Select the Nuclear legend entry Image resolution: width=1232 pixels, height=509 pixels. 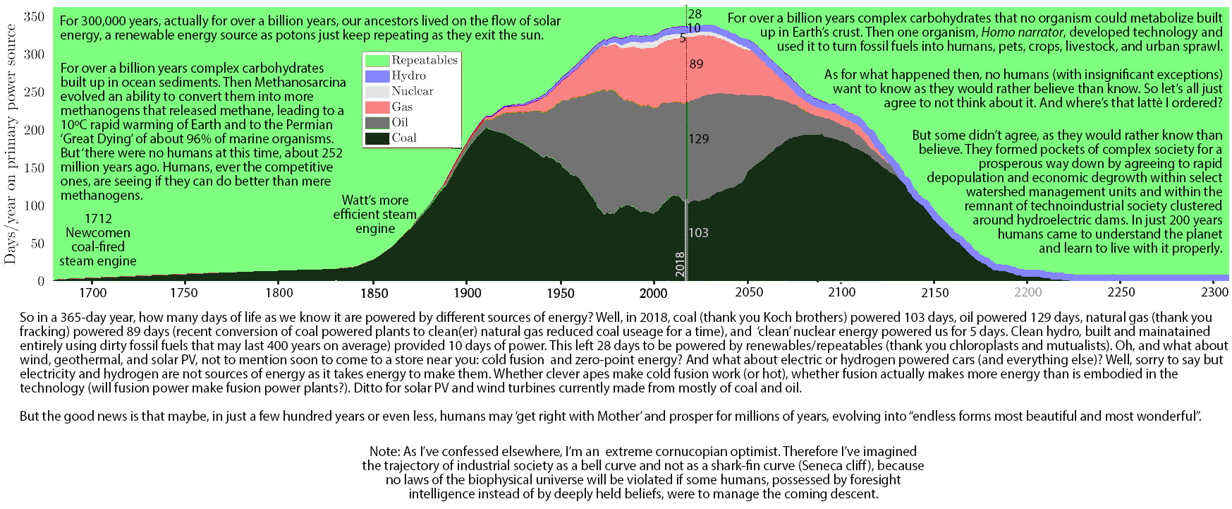(x=412, y=91)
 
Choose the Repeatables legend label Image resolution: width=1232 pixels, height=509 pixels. (x=425, y=60)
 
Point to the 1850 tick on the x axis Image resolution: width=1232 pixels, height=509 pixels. (x=374, y=292)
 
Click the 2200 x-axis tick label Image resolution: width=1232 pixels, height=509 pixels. (x=1027, y=292)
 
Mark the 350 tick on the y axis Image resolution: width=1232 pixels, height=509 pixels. (x=35, y=16)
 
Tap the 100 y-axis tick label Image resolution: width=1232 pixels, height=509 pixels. (x=35, y=205)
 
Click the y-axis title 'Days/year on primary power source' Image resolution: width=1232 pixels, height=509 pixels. (x=11, y=144)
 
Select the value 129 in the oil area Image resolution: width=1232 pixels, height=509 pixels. (x=699, y=139)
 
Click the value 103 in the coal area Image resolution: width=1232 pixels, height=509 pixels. (x=698, y=232)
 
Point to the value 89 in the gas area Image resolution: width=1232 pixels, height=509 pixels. (x=697, y=64)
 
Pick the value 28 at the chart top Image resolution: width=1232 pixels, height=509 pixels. (x=695, y=14)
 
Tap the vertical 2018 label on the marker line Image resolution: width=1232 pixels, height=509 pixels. (x=680, y=263)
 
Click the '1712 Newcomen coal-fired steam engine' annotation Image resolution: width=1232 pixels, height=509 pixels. (x=98, y=240)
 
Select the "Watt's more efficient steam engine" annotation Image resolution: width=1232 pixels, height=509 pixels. (x=375, y=214)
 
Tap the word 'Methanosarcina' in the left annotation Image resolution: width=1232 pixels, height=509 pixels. (x=300, y=83)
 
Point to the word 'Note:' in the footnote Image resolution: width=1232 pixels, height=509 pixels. (x=384, y=451)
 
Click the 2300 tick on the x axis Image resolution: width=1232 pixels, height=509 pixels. (x=1214, y=292)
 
